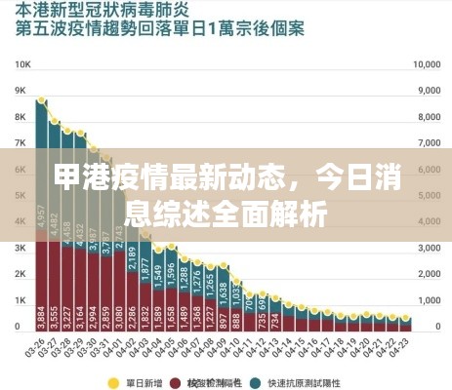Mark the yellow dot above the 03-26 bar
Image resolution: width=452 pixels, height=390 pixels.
pyautogui.click(x=41, y=100)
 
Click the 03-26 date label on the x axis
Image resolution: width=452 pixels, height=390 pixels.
pyautogui.click(x=39, y=348)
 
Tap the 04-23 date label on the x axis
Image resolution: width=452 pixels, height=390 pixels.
pyautogui.click(x=403, y=348)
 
